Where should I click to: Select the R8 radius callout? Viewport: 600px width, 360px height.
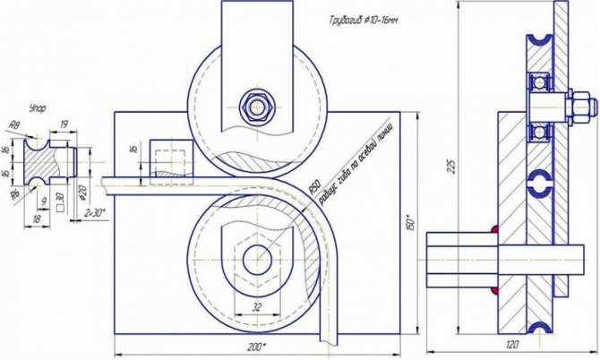tap(14, 126)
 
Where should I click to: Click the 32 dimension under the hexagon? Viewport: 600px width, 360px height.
tap(258, 305)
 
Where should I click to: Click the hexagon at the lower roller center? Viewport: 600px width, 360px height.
tap(258, 258)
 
